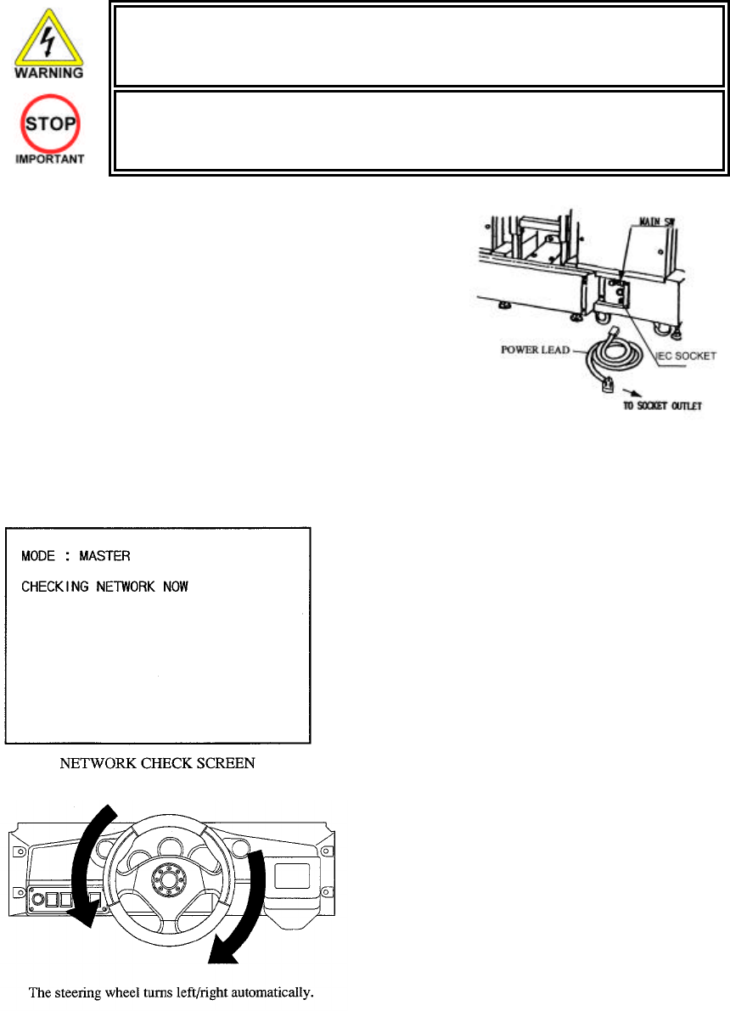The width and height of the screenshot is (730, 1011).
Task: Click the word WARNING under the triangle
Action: pyautogui.click(x=48, y=73)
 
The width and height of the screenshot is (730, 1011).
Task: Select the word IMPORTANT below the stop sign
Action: pyautogui.click(x=48, y=160)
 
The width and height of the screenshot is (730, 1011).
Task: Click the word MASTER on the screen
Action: pyautogui.click(x=104, y=556)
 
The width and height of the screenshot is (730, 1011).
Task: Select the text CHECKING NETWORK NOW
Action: pyautogui.click(x=104, y=587)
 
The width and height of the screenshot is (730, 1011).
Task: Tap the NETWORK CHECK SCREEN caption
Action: pyautogui.click(x=159, y=764)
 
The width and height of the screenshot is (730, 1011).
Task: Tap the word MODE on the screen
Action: pyautogui.click(x=38, y=556)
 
